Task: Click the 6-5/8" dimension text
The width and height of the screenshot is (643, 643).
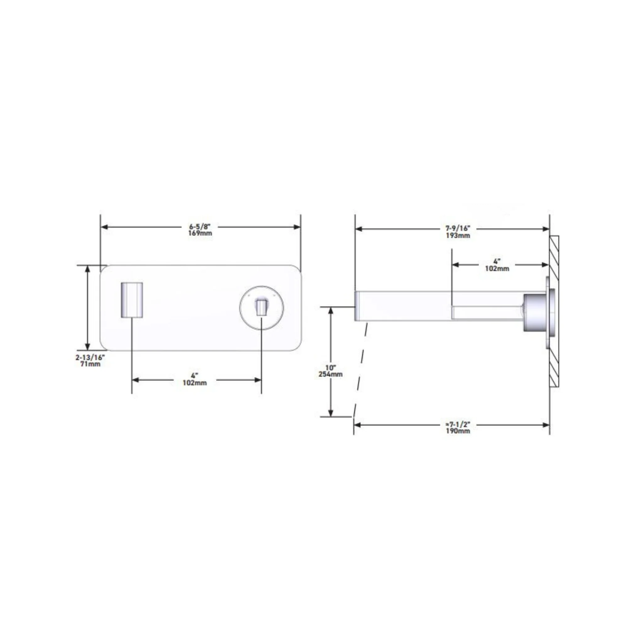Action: (x=200, y=227)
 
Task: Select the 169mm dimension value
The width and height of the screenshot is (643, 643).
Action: (x=200, y=233)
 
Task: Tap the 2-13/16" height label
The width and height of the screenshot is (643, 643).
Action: (x=90, y=358)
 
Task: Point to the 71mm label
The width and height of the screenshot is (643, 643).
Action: (x=90, y=364)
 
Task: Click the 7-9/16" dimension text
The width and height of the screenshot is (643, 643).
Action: (x=458, y=229)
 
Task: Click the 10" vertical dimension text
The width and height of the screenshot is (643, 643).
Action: (x=331, y=368)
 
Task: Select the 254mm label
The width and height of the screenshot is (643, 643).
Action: (x=331, y=374)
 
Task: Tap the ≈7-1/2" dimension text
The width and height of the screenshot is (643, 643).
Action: (x=458, y=425)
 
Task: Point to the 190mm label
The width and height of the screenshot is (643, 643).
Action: (x=458, y=431)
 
